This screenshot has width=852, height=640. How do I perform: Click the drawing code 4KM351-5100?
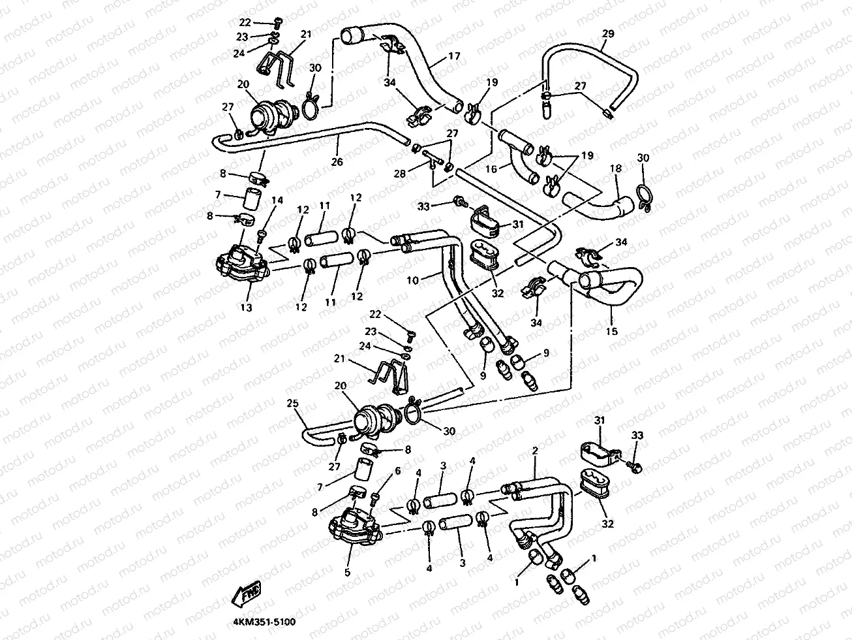point(264,622)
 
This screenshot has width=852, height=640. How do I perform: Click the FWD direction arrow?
point(246,594)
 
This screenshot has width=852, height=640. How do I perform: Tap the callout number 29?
point(608,34)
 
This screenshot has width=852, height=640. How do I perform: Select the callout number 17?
point(454,56)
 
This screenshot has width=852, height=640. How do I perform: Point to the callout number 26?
point(337,161)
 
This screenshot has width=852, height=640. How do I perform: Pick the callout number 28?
point(399,173)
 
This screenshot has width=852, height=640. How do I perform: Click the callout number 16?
point(491,169)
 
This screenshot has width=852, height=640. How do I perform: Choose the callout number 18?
point(616,168)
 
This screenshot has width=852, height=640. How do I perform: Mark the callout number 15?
point(611,331)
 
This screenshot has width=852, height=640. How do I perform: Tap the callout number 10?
point(412,280)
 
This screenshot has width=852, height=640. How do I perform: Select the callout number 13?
point(246,308)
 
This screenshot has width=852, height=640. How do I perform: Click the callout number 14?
point(277,200)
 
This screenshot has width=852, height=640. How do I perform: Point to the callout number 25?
point(292,403)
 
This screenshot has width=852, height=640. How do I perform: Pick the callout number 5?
point(347,572)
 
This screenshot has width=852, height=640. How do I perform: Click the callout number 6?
point(397,471)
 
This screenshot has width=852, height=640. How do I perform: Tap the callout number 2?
point(535,451)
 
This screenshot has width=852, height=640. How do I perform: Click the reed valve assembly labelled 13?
point(242,263)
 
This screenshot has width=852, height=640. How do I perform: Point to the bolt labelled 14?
point(262,236)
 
